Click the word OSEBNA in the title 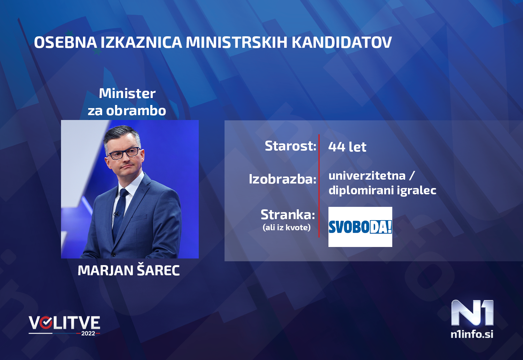point(65,43)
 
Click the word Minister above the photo point(127,93)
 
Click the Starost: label point(290,146)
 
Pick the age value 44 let point(347,147)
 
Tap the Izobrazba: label point(282,179)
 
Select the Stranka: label point(288,215)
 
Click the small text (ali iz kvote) point(286,227)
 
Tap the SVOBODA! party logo point(360,227)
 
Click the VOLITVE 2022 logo point(65,325)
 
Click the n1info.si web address point(472,334)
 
